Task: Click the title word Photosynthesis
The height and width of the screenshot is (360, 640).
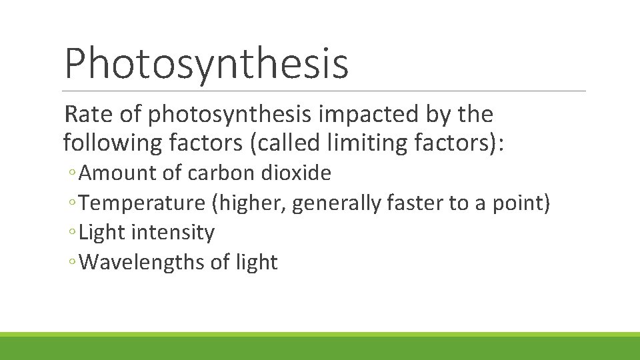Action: [206, 63]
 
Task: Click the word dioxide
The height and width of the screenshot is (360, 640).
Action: [296, 173]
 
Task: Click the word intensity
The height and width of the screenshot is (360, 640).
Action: [173, 232]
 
